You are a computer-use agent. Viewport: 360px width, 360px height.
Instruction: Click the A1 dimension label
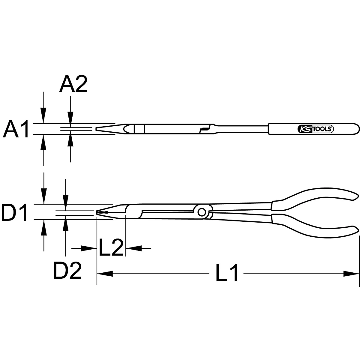click(x=16, y=129)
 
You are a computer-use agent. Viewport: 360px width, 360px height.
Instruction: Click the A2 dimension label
click(x=73, y=84)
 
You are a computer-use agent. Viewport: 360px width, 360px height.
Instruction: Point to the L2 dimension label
click(x=111, y=247)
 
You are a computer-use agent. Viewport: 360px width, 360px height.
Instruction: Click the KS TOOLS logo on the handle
click(x=315, y=129)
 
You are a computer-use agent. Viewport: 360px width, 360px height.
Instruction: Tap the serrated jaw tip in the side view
click(x=102, y=212)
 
